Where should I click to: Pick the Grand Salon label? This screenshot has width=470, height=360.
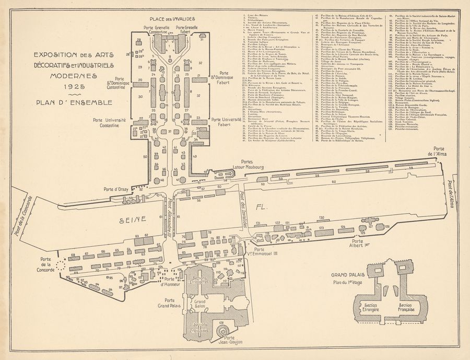click(x=200, y=304)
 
